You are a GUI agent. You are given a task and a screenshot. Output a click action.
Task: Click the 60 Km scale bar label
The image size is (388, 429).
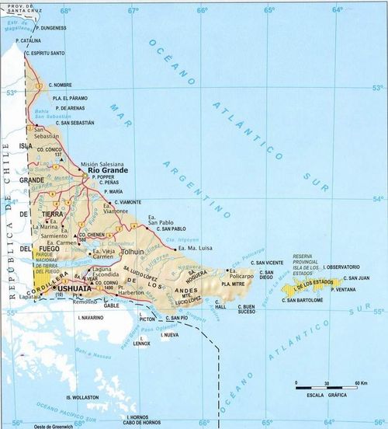point(360,384)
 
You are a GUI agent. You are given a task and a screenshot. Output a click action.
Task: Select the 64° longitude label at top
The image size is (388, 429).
point(338,10)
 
